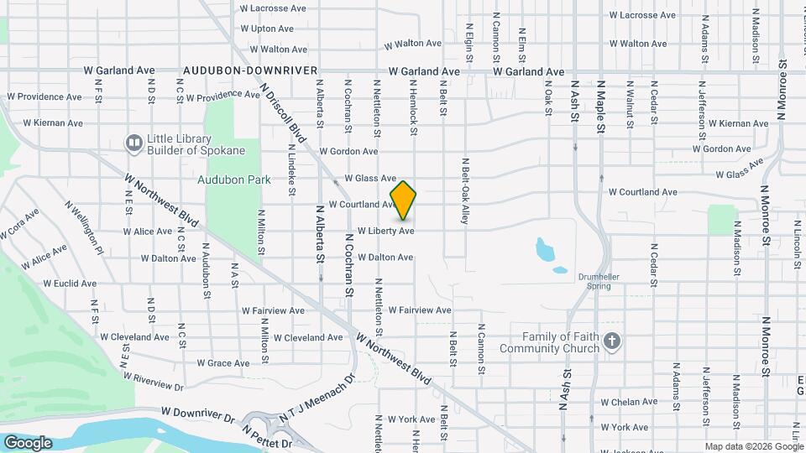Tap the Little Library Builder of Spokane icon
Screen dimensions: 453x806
pyautogui.click(x=133, y=143)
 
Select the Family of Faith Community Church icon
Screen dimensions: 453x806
pyautogui.click(x=612, y=342)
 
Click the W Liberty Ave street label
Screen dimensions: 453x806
pyautogui.click(x=386, y=231)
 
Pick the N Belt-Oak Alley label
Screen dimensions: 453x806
pyautogui.click(x=464, y=190)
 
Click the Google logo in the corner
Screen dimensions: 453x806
pyautogui.click(x=28, y=443)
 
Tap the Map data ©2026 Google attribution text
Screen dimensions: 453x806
pyautogui.click(x=753, y=446)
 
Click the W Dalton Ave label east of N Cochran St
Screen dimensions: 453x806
pyautogui.click(x=385, y=258)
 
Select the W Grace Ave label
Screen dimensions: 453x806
pyautogui.click(x=222, y=363)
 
